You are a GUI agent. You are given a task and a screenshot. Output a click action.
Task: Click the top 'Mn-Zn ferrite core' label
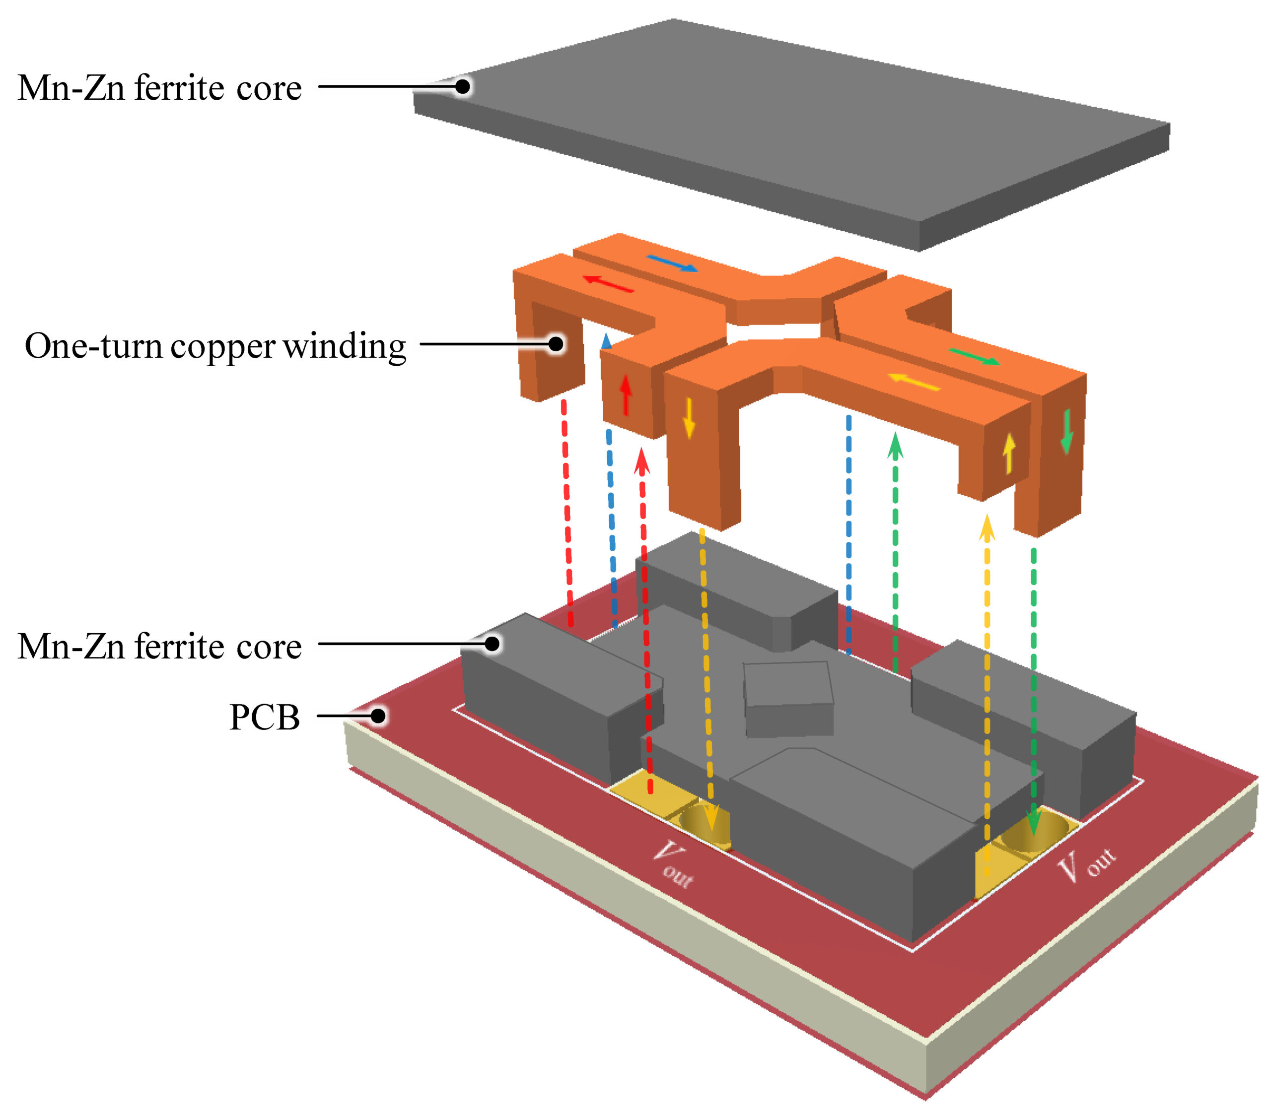pyautogui.click(x=159, y=88)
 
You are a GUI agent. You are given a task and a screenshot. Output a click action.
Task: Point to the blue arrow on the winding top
pyautogui.click(x=672, y=263)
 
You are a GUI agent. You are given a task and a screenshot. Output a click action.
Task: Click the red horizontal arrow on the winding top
pyautogui.click(x=608, y=284)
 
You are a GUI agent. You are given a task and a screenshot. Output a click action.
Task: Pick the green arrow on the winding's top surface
pyautogui.click(x=974, y=357)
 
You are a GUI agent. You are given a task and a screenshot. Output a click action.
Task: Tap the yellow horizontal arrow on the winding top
pyautogui.click(x=913, y=381)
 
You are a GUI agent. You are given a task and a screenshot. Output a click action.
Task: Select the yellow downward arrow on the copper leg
pyautogui.click(x=688, y=418)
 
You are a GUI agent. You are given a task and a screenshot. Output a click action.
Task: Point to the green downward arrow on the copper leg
pyautogui.click(x=1066, y=431)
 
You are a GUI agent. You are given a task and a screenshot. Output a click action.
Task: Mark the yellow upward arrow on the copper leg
pyautogui.click(x=1008, y=453)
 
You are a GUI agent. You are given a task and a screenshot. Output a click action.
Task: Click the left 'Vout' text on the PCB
pyautogui.click(x=673, y=864)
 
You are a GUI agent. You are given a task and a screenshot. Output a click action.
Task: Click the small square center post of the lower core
pyautogui.click(x=788, y=697)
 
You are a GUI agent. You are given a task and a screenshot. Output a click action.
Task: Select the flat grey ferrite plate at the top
pyautogui.click(x=790, y=131)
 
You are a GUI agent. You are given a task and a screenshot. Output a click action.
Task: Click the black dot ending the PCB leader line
pyautogui.click(x=377, y=716)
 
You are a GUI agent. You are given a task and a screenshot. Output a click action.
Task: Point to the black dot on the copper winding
pyautogui.click(x=556, y=344)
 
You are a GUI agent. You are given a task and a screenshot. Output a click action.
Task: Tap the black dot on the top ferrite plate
pyautogui.click(x=462, y=86)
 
